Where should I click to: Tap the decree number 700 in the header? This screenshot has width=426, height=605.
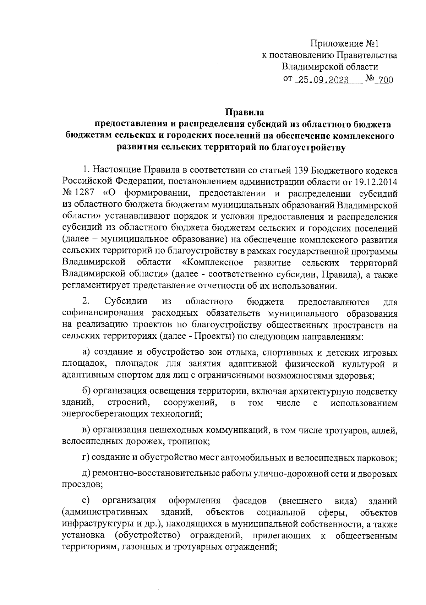pos(386,80)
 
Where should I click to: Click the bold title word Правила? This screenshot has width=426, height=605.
pos(245,113)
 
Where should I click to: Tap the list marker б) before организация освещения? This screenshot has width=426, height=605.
pos(87,392)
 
